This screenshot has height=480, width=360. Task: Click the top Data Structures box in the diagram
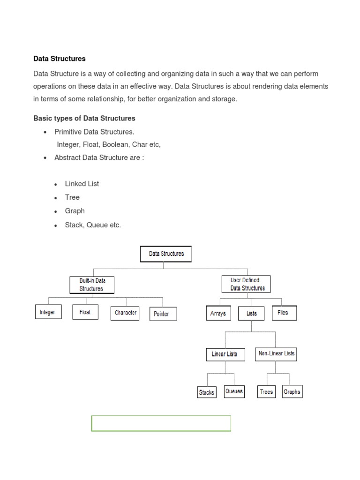166,254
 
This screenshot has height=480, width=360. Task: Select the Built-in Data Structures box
92,285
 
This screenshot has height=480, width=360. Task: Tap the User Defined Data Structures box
246,284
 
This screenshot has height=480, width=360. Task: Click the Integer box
48,312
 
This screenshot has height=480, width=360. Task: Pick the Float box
85,312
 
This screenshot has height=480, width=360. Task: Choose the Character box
125,313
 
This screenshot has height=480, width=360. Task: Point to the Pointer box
163,314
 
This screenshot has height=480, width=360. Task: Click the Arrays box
218,313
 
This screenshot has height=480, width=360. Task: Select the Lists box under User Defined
252,313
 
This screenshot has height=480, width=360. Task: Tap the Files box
284,313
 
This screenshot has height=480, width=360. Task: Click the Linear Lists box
225,354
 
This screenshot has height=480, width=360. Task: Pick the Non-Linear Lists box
277,353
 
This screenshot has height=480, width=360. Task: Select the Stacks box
207,392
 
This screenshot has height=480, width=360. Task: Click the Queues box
234,391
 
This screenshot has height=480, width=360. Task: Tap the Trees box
267,392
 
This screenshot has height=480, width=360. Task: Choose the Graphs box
292,392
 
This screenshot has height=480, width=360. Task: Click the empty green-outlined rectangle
161,423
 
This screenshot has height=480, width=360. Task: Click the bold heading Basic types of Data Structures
84,118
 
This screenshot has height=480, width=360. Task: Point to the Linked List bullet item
82,184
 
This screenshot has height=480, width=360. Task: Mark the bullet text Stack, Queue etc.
93,225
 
